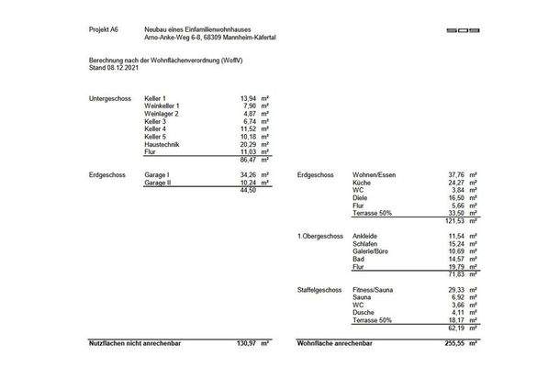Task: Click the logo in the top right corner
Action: (x=464, y=30)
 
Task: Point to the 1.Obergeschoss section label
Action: (x=318, y=236)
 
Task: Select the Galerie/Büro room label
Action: (x=372, y=251)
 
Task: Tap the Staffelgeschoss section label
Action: (x=319, y=290)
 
